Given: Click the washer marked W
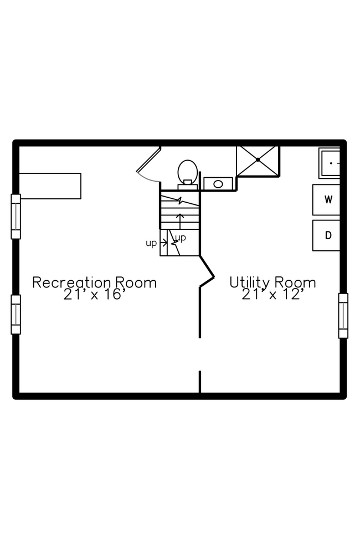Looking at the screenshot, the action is pos(326,200).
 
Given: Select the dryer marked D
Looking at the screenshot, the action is pos(326,235).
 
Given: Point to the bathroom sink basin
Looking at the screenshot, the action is pos(218,184).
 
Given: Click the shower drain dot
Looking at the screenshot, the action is pos(258,160).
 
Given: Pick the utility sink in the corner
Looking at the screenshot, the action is pos(330,163).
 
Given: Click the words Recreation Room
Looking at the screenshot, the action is pos(94,282).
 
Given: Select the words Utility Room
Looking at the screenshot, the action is pos(272,282).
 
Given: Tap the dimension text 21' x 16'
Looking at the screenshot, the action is pos(94,295).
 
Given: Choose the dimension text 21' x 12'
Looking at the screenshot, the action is pos(272,295).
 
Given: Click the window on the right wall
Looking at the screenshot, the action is pos(343,316).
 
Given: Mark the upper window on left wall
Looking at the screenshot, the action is pos(16,217).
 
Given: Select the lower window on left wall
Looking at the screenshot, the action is pos(16,315).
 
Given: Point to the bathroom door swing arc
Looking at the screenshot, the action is pos(147,178).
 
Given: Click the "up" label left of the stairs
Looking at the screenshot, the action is pos(151,243).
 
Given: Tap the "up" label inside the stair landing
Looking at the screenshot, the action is pos(181,238).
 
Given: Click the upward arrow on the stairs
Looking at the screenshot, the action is pos(179,221).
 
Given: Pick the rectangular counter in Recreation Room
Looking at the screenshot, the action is pos(50,186).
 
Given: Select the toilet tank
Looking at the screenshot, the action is pos(187,187).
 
